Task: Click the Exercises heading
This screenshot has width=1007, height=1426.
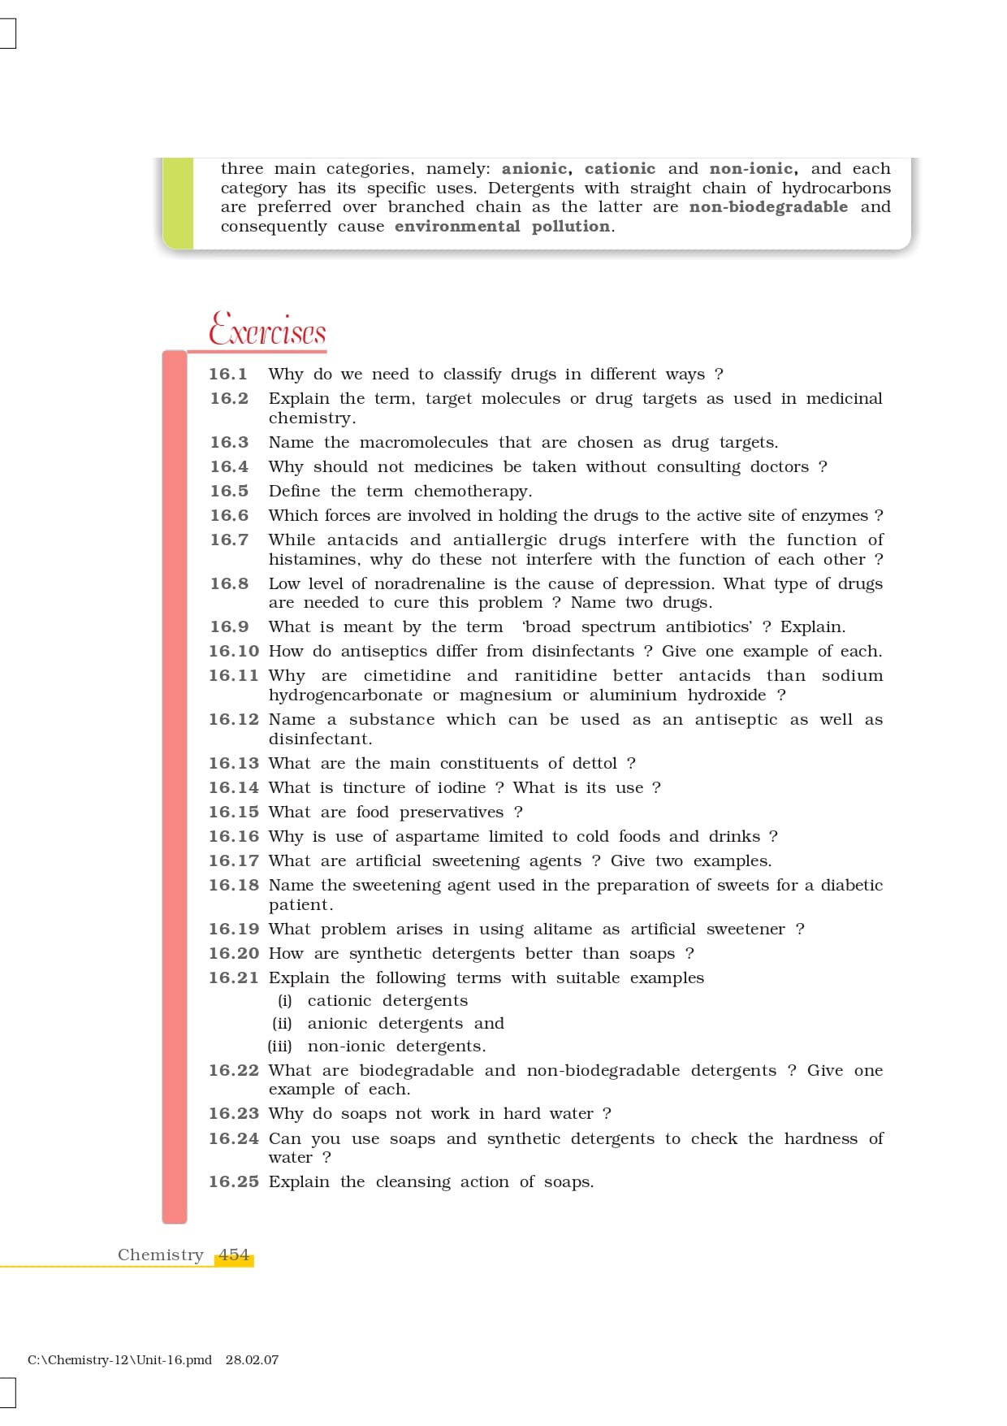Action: [267, 329]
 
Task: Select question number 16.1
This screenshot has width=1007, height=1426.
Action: [228, 375]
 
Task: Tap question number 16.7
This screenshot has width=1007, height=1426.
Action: [229, 540]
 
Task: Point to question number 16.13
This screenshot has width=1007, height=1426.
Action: [233, 764]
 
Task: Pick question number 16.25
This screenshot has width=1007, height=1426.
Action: [233, 1182]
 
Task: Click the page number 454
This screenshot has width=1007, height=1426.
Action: [234, 1255]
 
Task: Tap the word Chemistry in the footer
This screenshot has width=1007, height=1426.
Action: [160, 1255]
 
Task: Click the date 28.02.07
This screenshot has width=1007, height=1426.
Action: [252, 1360]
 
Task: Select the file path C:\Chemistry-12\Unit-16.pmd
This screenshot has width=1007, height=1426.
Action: [119, 1360]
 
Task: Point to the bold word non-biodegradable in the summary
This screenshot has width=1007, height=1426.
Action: [768, 207]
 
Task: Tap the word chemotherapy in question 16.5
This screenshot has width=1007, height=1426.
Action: [472, 492]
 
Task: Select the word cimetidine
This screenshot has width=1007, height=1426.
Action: [407, 676]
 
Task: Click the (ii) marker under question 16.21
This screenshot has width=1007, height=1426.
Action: [282, 1024]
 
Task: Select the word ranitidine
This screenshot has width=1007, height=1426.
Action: [555, 676]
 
